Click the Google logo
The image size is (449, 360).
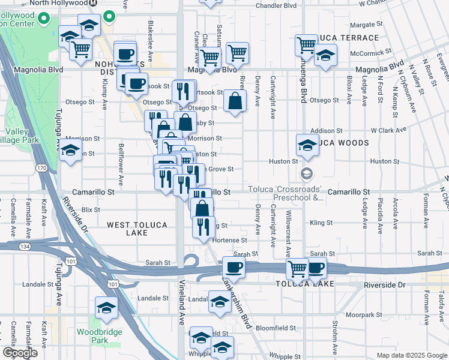point(20,353)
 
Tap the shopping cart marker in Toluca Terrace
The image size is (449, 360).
point(306,45)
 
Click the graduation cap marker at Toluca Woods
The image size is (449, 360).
point(307,146)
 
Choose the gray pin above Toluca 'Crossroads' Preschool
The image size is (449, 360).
point(306,175)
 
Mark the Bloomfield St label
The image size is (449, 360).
point(277,328)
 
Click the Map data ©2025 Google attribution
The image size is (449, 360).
point(411,355)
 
